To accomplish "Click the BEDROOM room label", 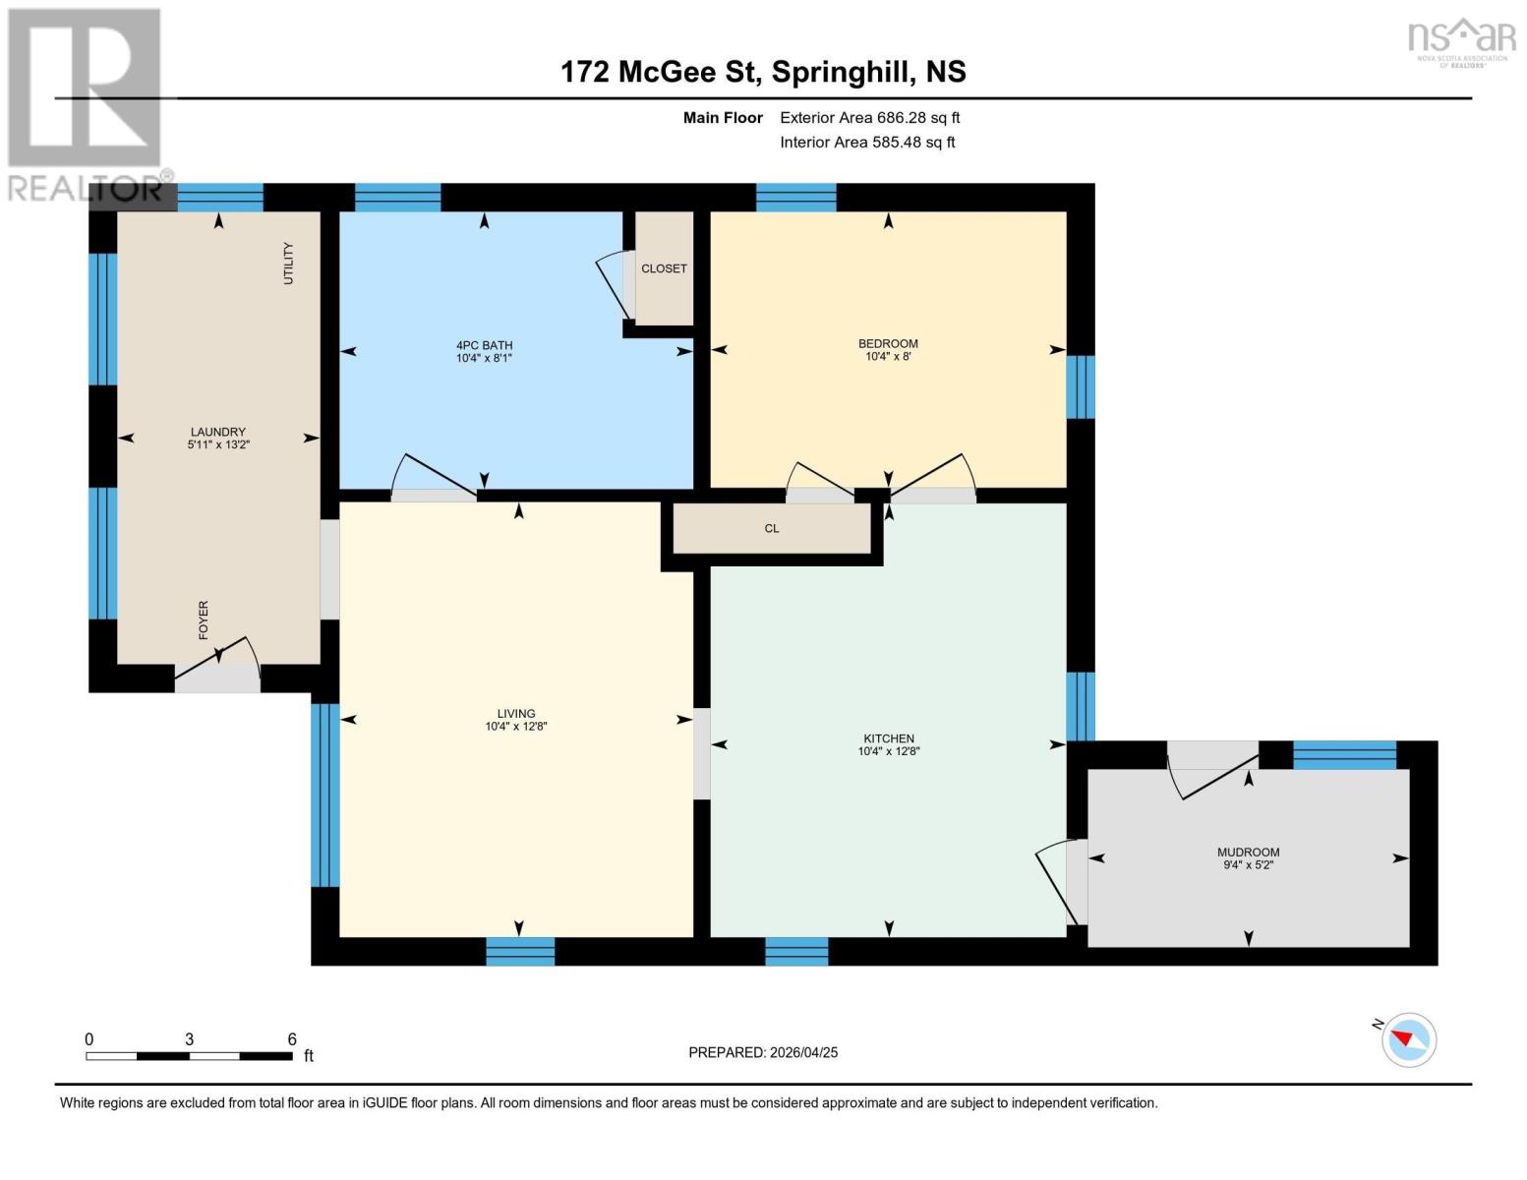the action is click(888, 343).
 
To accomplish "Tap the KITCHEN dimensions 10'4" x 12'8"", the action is click(888, 751).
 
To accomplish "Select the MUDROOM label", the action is click(1248, 852).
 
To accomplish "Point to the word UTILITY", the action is click(288, 264).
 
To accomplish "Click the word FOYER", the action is click(204, 619).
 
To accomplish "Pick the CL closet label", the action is click(772, 528).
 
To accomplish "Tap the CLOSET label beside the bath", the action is click(664, 268).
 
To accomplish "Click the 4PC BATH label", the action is click(484, 345).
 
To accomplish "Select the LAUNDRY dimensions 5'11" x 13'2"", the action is click(218, 444).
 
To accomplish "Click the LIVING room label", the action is click(516, 713).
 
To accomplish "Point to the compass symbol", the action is click(1408, 1040).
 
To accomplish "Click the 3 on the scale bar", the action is click(189, 1038).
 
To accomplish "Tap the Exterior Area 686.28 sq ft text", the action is click(869, 117).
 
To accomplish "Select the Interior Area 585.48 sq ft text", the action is click(867, 142).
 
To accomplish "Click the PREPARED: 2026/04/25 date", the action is click(763, 1052).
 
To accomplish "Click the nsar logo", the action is click(1461, 42).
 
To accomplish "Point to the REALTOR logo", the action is click(88, 105).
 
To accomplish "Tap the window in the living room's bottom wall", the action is click(520, 952).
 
